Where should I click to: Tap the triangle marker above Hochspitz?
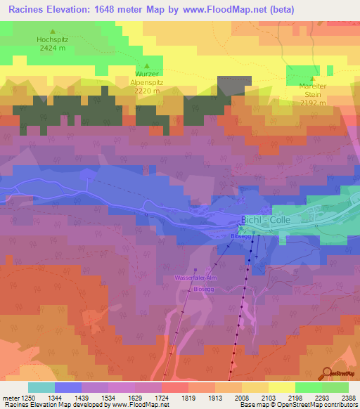click(x=52, y=32)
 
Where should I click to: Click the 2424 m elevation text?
click(x=52, y=49)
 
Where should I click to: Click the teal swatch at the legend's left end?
click(x=41, y=387)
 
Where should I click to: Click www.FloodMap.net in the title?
click(x=214, y=9)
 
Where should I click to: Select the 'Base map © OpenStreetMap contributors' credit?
click(x=298, y=405)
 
